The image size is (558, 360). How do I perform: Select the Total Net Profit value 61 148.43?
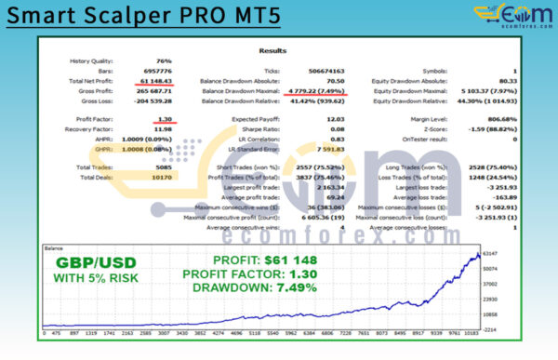154,81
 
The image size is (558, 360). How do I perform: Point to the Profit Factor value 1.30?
165,120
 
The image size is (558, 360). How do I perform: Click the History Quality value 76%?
166,61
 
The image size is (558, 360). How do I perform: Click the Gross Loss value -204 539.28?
152,100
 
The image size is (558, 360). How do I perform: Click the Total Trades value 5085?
162,168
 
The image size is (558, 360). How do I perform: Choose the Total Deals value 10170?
160,178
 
